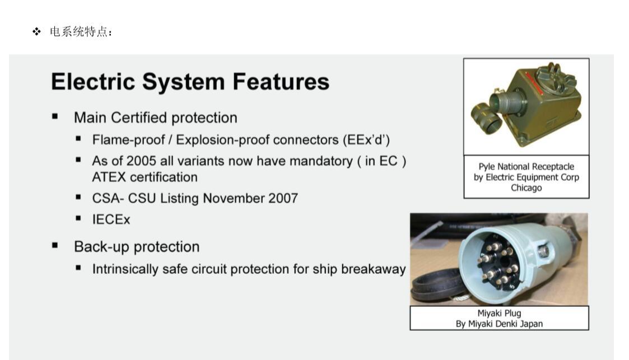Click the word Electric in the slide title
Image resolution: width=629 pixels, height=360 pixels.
(x=92, y=81)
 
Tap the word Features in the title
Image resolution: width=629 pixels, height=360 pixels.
(x=281, y=81)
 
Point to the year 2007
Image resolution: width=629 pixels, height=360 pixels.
(x=283, y=198)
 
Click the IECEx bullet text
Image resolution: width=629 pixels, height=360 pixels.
(x=111, y=219)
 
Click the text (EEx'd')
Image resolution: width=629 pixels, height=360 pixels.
(x=366, y=140)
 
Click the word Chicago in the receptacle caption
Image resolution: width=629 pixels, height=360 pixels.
(x=526, y=188)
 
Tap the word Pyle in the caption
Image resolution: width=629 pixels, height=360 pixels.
(x=487, y=166)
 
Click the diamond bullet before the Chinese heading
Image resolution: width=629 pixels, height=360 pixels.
(x=36, y=32)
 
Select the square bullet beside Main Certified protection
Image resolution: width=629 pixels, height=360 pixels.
(x=55, y=116)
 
